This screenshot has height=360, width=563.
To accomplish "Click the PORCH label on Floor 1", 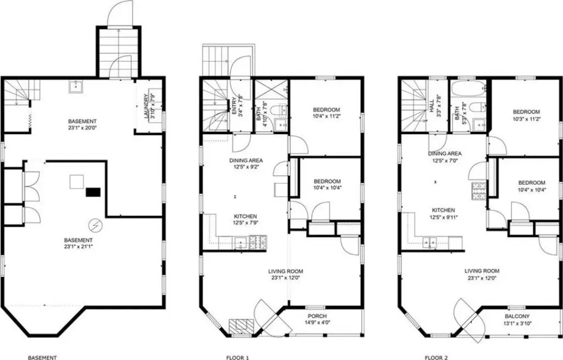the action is [x=317, y=316].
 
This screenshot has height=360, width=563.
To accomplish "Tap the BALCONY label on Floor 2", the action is [x=517, y=317].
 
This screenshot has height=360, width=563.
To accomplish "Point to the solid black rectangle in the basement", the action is [x=93, y=192].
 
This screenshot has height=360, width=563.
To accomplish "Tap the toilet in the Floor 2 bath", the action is [x=478, y=107].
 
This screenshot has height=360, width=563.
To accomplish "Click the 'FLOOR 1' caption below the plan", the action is [x=238, y=357].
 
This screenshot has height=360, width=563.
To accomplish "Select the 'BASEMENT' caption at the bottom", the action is [x=42, y=357].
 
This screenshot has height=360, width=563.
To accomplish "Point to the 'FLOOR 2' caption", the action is [x=436, y=357].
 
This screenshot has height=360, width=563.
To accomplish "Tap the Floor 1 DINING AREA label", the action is [x=246, y=160].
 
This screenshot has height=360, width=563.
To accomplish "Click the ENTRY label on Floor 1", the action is [x=234, y=106].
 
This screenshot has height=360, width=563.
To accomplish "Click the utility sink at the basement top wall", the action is [x=76, y=86].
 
